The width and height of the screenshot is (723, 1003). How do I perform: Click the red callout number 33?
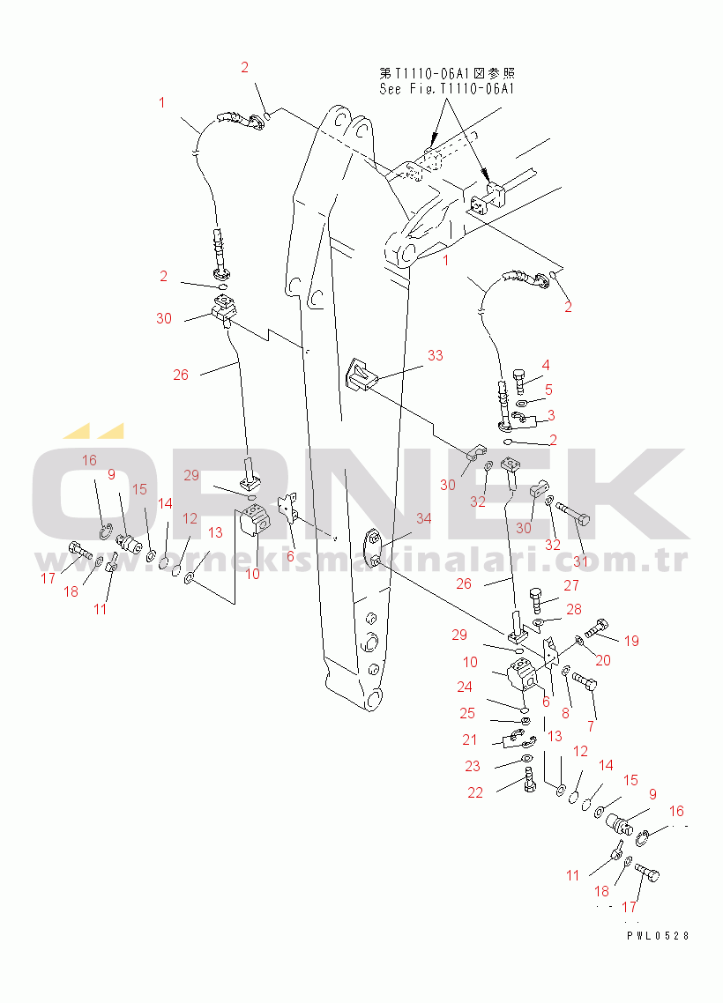pos(435,356)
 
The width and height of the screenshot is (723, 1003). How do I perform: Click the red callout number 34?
pos(423,519)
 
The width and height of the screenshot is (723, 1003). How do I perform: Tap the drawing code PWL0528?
pos(659,935)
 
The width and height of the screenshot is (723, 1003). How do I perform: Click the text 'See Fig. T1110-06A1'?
pos(447,89)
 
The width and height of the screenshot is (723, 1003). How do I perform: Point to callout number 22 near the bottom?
pos(474,793)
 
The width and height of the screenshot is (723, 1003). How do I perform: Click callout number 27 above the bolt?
pos(571,585)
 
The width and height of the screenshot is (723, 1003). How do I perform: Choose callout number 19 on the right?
pos(631,641)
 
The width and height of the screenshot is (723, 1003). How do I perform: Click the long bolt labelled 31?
pos(572,513)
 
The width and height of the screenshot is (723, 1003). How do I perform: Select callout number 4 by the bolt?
pos(546,365)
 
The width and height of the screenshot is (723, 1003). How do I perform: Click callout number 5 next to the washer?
pos(548,390)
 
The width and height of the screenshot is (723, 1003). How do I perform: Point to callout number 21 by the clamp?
pos(470,740)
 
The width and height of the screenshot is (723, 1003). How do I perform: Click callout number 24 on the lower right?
pos(465,687)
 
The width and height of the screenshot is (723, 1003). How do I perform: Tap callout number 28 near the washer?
pos(574,610)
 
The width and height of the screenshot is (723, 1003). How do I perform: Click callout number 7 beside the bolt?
pos(591,726)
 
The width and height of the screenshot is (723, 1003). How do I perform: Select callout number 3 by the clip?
pos(551,416)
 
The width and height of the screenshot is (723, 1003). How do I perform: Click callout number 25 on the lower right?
pos(467,713)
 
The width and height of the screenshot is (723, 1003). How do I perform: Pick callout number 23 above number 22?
pos(473,766)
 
